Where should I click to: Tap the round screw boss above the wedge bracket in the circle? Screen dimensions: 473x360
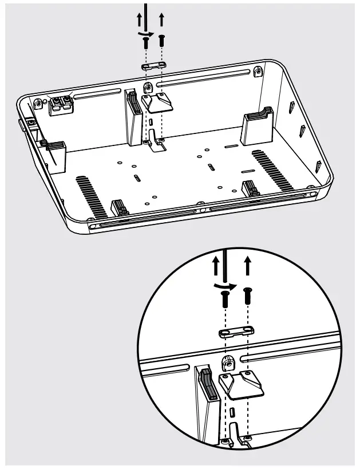coord(226,362)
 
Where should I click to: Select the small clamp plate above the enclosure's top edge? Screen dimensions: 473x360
coord(153,65)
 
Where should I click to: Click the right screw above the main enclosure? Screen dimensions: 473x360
coord(161,40)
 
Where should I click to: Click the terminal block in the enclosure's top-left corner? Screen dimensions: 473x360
coord(60,105)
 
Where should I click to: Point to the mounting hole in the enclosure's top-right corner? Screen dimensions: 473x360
coord(258,73)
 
